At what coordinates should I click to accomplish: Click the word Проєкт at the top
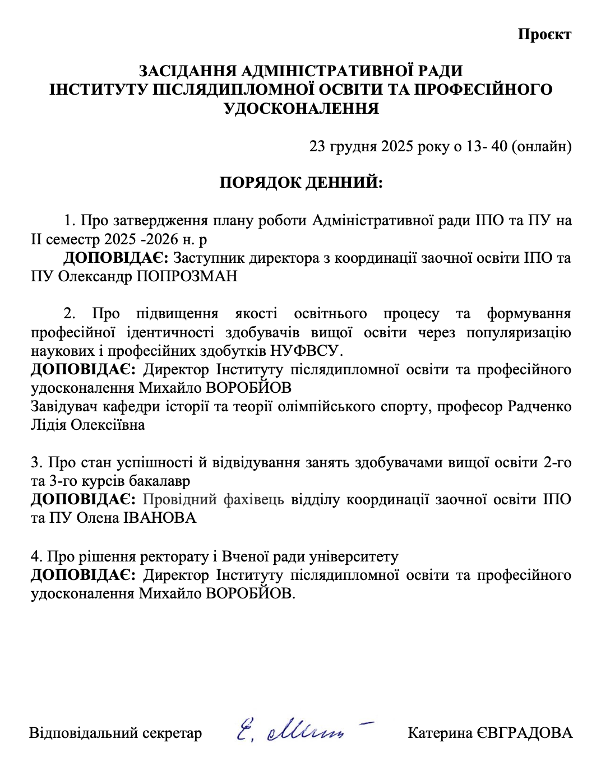point(544,34)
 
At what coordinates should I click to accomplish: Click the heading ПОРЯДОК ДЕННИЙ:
point(300,183)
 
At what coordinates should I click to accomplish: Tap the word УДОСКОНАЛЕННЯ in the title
point(301,108)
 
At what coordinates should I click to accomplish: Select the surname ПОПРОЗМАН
point(187,276)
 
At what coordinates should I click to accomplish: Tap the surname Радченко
point(539,406)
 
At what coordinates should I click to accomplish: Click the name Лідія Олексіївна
point(88,425)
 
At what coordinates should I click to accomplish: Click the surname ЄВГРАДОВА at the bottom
point(524,733)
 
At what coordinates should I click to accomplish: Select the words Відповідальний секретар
point(115,733)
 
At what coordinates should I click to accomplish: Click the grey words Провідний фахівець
point(214,499)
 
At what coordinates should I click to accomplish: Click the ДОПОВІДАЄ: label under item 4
point(82,575)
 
